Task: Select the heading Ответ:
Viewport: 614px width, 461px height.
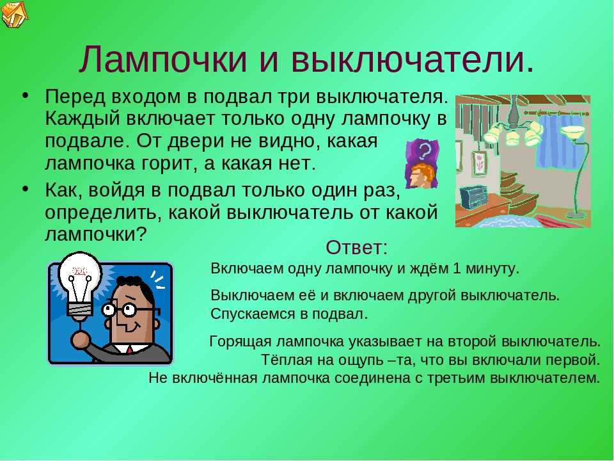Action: [356, 247]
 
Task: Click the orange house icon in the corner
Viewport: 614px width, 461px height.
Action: [14, 14]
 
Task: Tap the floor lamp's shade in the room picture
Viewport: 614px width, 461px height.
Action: [572, 131]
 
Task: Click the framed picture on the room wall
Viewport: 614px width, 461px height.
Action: [479, 162]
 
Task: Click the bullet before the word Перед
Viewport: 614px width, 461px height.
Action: [26, 95]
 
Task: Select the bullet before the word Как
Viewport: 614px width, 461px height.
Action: [26, 189]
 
